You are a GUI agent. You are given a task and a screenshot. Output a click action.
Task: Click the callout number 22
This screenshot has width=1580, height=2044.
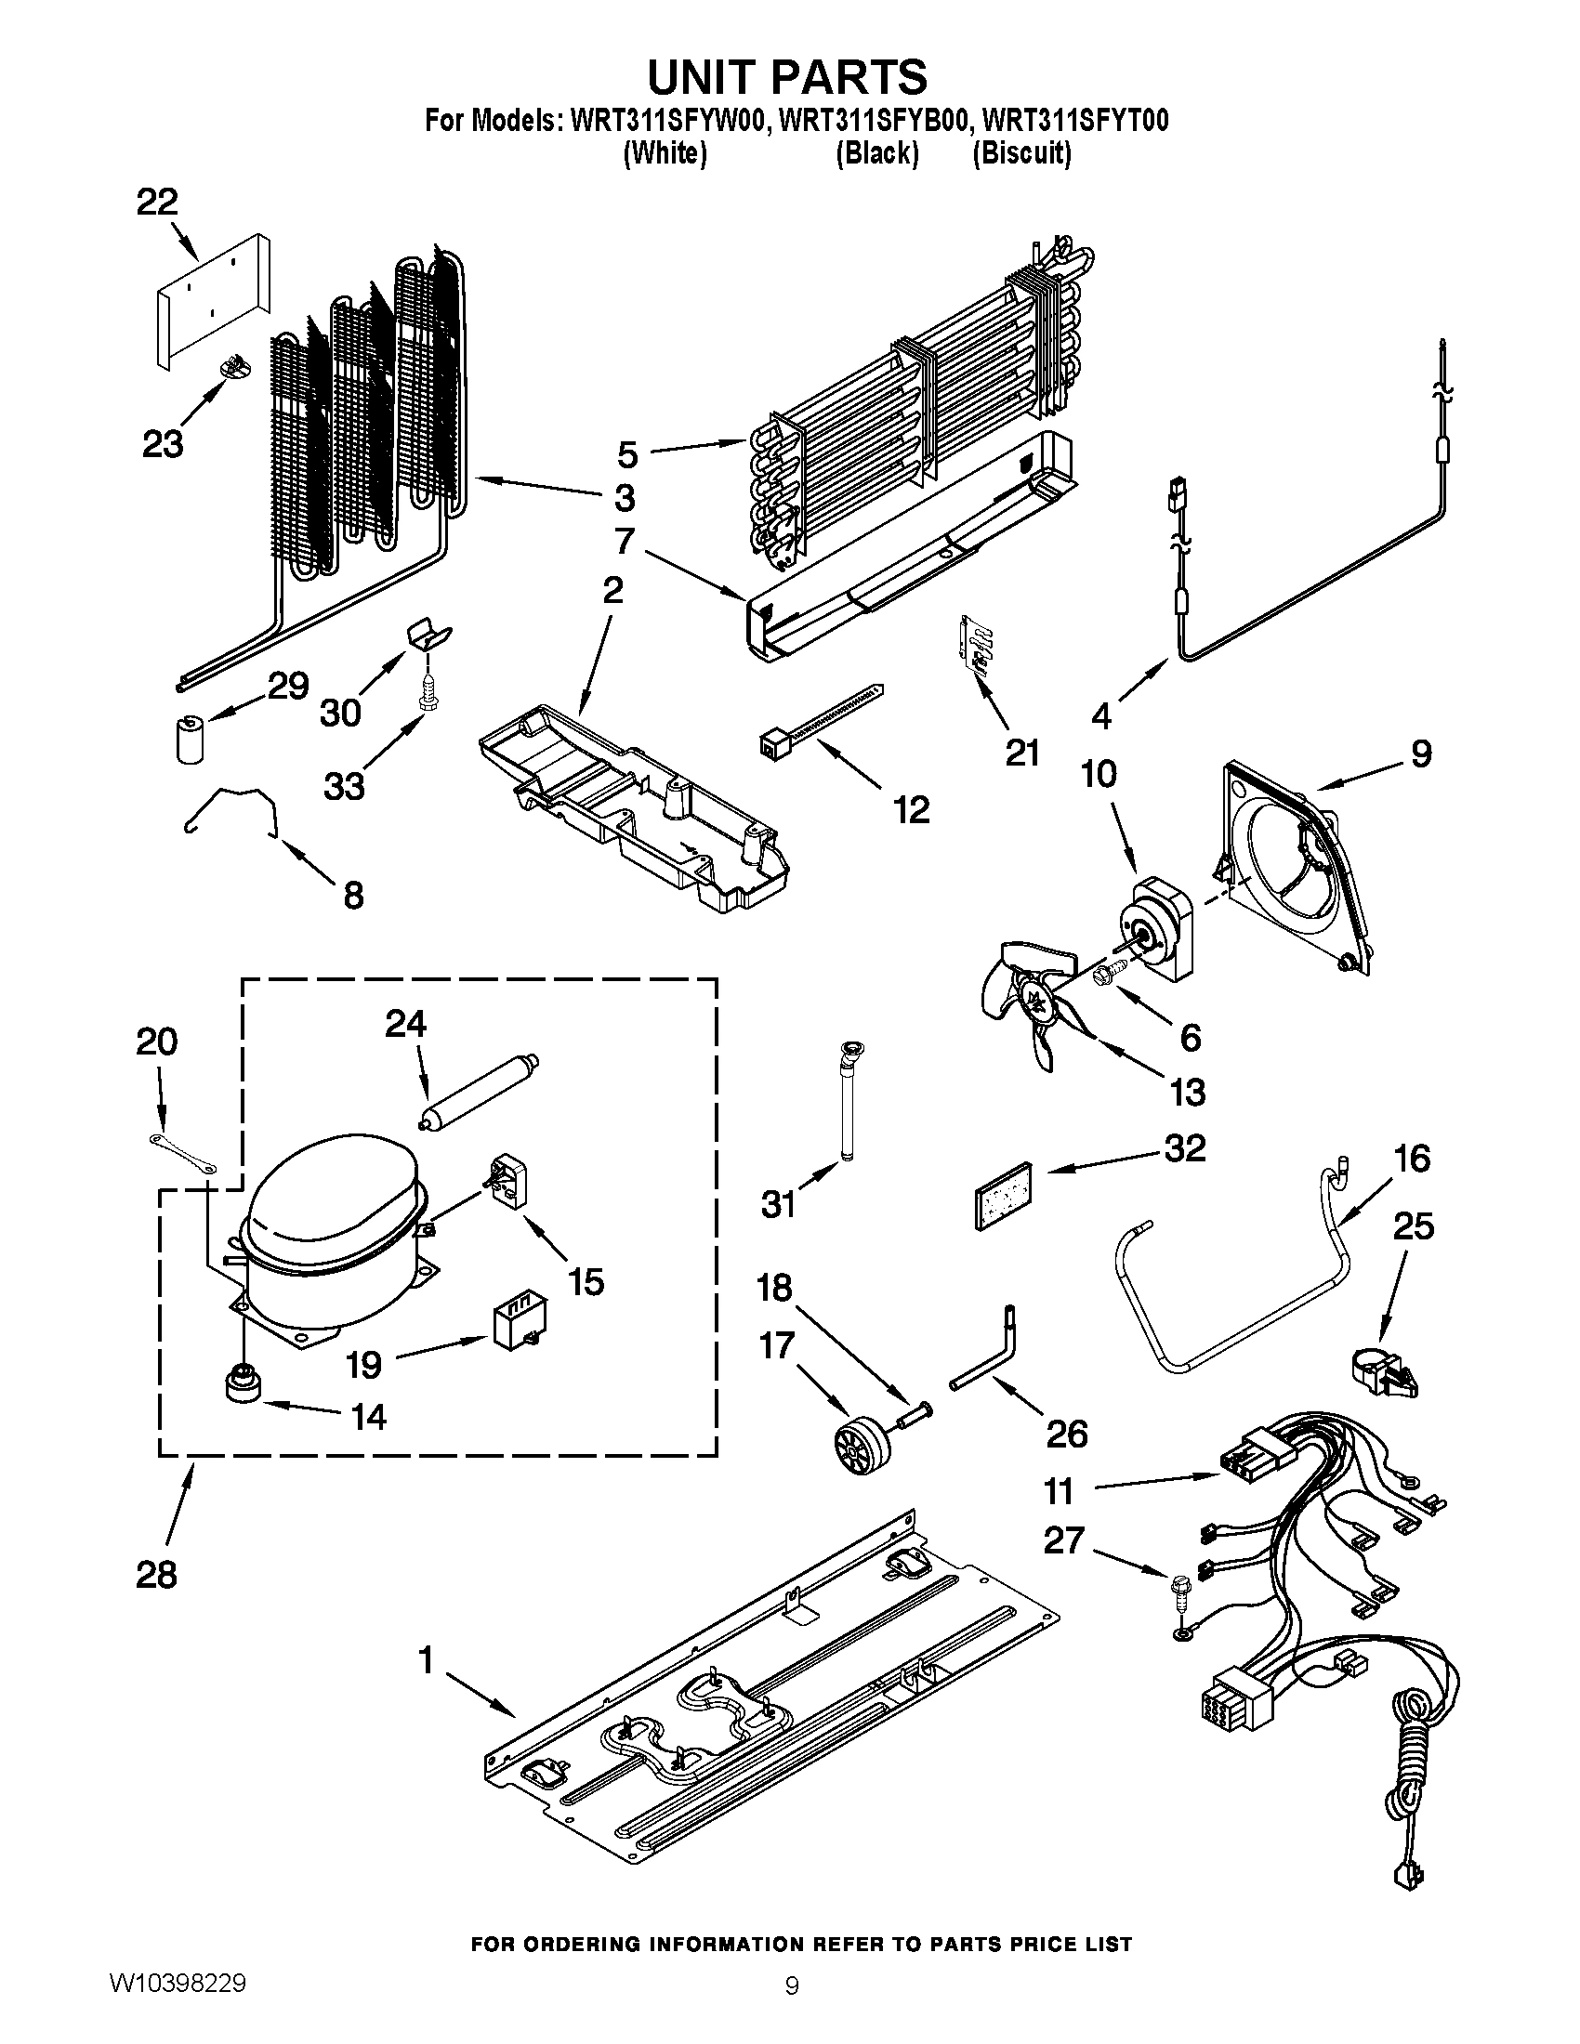157,203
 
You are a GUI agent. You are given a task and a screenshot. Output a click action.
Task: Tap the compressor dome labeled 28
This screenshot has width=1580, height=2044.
327,1198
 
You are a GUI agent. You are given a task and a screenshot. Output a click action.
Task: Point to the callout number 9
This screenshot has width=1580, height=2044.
1421,753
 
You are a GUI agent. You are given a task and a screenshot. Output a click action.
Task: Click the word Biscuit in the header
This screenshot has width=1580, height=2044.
1022,152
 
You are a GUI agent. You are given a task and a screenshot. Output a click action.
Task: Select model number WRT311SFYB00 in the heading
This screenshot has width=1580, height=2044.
876,122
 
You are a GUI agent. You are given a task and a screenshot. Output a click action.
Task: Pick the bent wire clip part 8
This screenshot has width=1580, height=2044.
230,806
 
